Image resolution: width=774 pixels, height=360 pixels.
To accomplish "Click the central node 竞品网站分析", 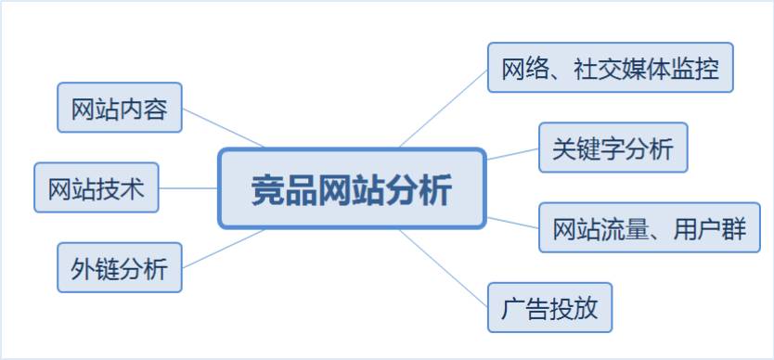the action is (x=352, y=188).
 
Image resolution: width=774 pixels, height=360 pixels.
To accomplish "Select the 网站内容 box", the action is (x=120, y=108).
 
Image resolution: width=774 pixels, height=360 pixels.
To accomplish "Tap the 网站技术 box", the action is (x=97, y=187).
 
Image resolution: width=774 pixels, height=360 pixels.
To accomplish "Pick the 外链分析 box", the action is (x=120, y=267).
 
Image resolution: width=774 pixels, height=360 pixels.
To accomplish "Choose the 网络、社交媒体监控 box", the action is (x=610, y=68).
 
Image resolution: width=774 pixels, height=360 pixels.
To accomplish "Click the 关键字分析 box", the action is (x=613, y=148).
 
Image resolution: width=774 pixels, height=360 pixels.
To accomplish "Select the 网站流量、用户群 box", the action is (x=649, y=227).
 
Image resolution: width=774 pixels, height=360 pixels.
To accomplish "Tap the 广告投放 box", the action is (x=550, y=308).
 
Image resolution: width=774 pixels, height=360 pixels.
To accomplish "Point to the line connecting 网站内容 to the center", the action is (x=223, y=128).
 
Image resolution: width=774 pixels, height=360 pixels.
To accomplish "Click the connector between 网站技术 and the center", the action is (x=188, y=188).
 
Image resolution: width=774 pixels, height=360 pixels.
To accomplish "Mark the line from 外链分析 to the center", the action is (x=223, y=249).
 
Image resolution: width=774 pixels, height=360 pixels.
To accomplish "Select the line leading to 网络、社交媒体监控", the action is (x=444, y=109).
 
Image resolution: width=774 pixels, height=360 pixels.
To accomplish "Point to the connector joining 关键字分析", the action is (x=512, y=154).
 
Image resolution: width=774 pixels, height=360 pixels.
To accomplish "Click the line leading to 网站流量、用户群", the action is (x=512, y=223).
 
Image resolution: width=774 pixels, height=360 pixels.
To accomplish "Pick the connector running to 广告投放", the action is (x=444, y=268).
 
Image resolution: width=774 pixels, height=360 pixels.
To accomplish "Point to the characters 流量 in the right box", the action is (x=625, y=228).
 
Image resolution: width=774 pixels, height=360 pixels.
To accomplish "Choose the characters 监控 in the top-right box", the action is (x=694, y=69).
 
